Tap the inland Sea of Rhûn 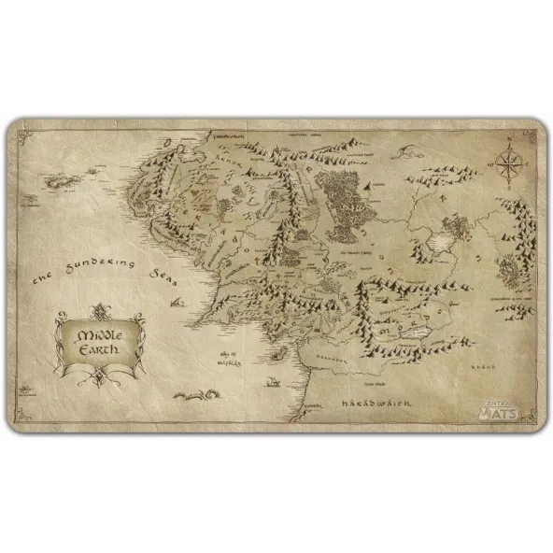(435, 245)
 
